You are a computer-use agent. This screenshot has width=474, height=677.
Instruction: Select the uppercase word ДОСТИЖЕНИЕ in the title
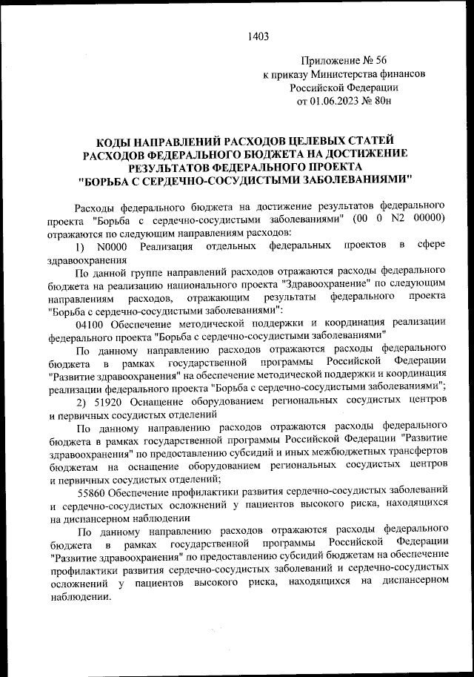tap(367, 153)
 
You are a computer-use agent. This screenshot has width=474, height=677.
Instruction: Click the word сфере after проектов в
tap(430, 245)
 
